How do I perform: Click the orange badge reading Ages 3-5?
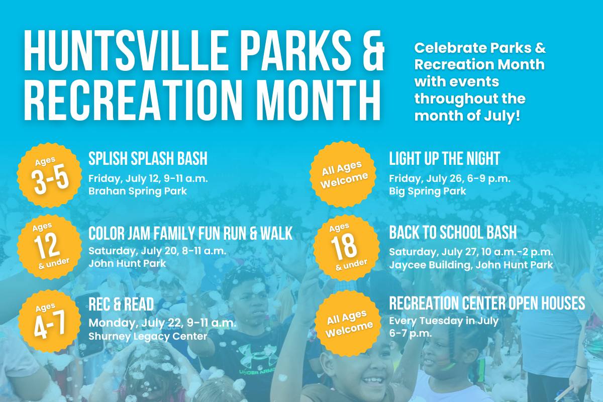50,175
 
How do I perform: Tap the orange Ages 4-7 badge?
50,321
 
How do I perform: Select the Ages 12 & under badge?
50,247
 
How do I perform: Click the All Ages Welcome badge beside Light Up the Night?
343,174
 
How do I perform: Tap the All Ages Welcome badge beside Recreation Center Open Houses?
349,323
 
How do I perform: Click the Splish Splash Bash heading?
148,158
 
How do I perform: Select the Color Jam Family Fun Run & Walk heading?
190,233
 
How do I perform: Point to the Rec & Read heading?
121,304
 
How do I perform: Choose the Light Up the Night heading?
444,158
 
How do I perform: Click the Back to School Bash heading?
453,232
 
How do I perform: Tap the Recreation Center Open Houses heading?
487,303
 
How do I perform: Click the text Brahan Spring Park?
138,191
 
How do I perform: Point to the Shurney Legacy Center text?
148,336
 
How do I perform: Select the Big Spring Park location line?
428,191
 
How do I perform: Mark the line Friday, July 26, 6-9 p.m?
450,178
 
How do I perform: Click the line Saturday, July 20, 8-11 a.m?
157,251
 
